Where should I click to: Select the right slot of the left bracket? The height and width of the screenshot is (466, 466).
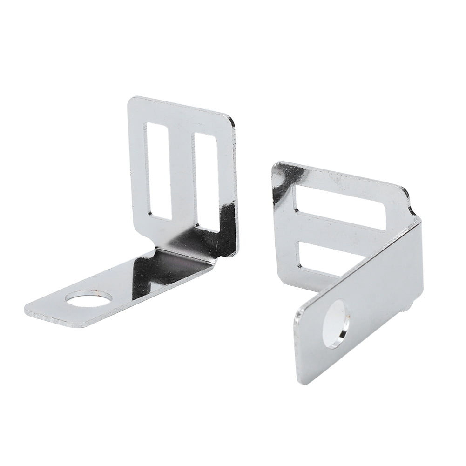pos(206,182)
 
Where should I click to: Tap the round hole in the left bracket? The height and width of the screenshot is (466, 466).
pos(88,298)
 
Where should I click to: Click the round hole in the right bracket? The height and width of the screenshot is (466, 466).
pos(335,324)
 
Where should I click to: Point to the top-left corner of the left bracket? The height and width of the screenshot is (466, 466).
pos(132,100)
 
